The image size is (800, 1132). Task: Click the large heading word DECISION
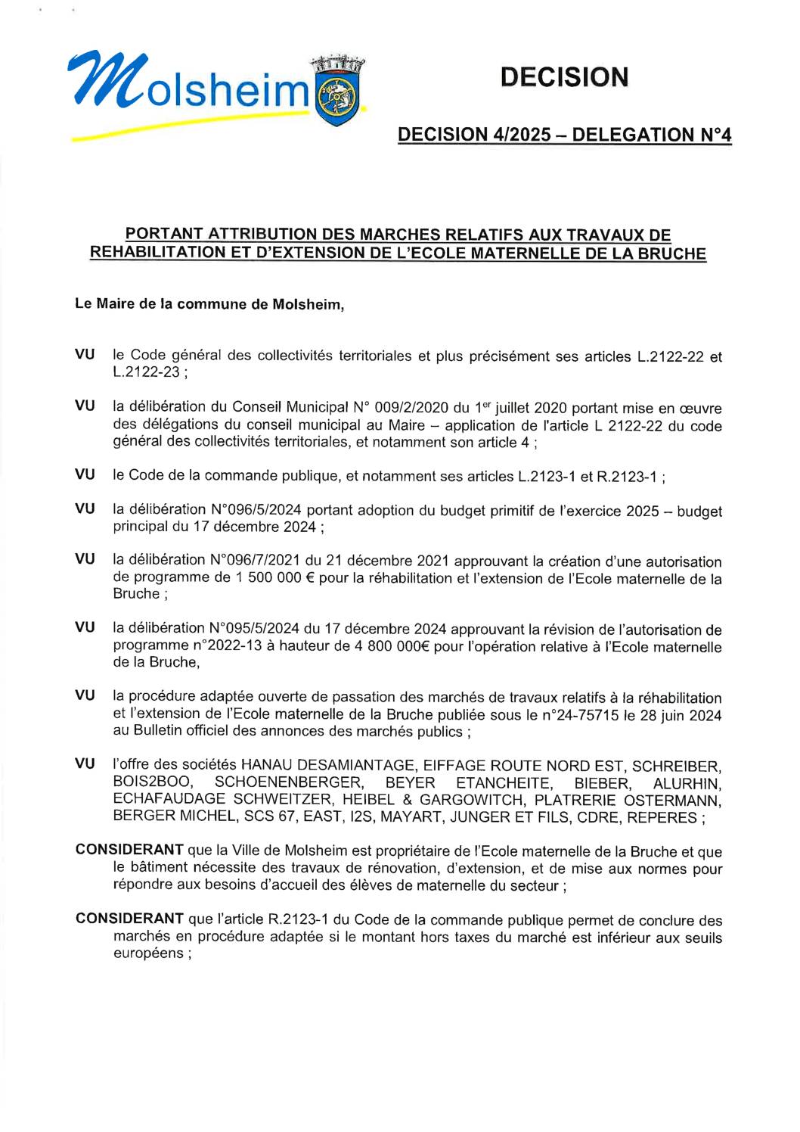564,77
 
